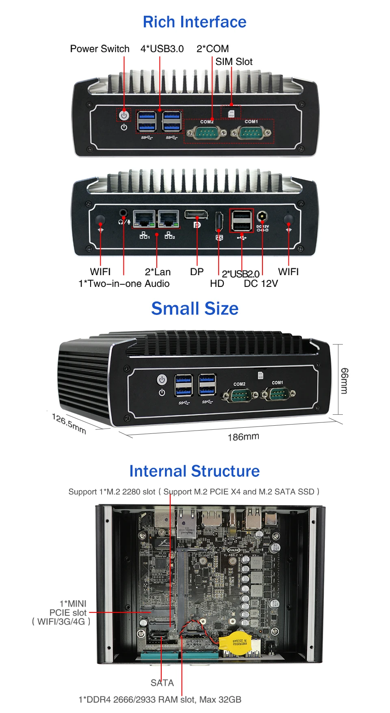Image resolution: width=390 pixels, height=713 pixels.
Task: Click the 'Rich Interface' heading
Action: tap(195, 22)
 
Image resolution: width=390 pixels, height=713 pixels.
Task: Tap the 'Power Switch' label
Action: tap(100, 49)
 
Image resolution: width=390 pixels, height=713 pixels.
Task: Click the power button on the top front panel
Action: tap(124, 115)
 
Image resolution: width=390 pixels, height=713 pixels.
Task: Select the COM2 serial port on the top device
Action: tap(206, 132)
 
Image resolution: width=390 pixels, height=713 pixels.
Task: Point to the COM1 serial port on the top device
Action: tap(251, 132)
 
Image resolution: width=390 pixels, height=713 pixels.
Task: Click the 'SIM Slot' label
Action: tap(234, 62)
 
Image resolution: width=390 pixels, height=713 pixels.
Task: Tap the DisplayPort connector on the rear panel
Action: tap(196, 214)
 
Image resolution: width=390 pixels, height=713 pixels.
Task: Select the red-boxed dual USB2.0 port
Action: tap(242, 220)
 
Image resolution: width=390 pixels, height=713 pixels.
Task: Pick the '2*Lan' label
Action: tap(158, 272)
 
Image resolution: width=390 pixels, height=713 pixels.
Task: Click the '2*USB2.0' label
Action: tap(240, 274)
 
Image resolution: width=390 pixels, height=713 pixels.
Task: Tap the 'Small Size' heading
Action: tap(195, 308)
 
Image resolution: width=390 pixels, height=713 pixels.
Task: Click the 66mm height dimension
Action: tap(344, 380)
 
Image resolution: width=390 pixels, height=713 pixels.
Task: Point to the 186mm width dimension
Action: tap(243, 437)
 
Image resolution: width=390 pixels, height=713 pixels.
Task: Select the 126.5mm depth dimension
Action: tap(69, 423)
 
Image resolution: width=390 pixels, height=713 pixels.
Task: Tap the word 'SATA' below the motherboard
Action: tap(162, 683)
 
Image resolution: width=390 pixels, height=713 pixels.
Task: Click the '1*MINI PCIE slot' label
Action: tap(67, 612)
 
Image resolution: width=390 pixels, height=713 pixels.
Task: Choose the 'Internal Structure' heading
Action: tap(194, 471)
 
